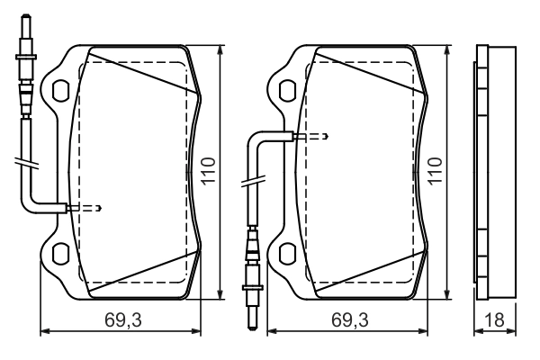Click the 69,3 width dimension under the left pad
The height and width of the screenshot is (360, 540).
point(123,319)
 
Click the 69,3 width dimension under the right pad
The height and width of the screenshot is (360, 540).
point(349,319)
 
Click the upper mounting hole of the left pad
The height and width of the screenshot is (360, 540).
point(60,90)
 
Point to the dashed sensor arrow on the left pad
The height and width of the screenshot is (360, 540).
point(85,208)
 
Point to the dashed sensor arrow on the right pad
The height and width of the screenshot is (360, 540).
point(311,137)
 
